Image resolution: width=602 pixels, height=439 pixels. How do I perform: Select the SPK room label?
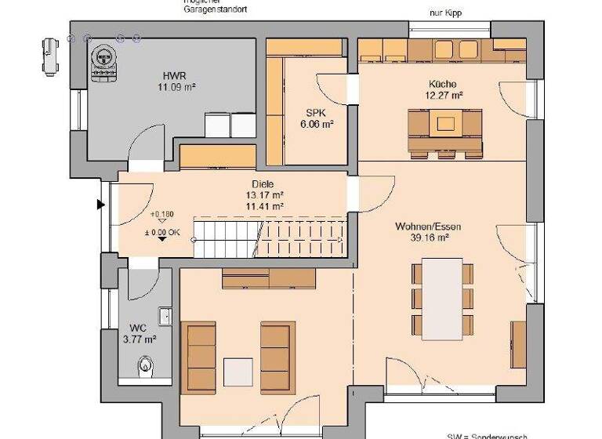(303, 112)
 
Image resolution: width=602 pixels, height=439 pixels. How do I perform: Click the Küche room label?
(443, 83)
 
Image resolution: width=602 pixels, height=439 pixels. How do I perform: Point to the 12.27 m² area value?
(443, 95)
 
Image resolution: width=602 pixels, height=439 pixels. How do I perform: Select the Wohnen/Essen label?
(427, 227)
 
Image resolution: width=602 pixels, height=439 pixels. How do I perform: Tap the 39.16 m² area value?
(427, 238)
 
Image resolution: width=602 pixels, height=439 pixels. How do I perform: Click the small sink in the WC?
(165, 316)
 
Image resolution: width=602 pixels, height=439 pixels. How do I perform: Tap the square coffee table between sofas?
(238, 372)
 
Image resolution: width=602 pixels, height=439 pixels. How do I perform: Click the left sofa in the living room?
(201, 354)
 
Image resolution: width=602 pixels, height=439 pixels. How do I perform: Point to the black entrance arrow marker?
(100, 205)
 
